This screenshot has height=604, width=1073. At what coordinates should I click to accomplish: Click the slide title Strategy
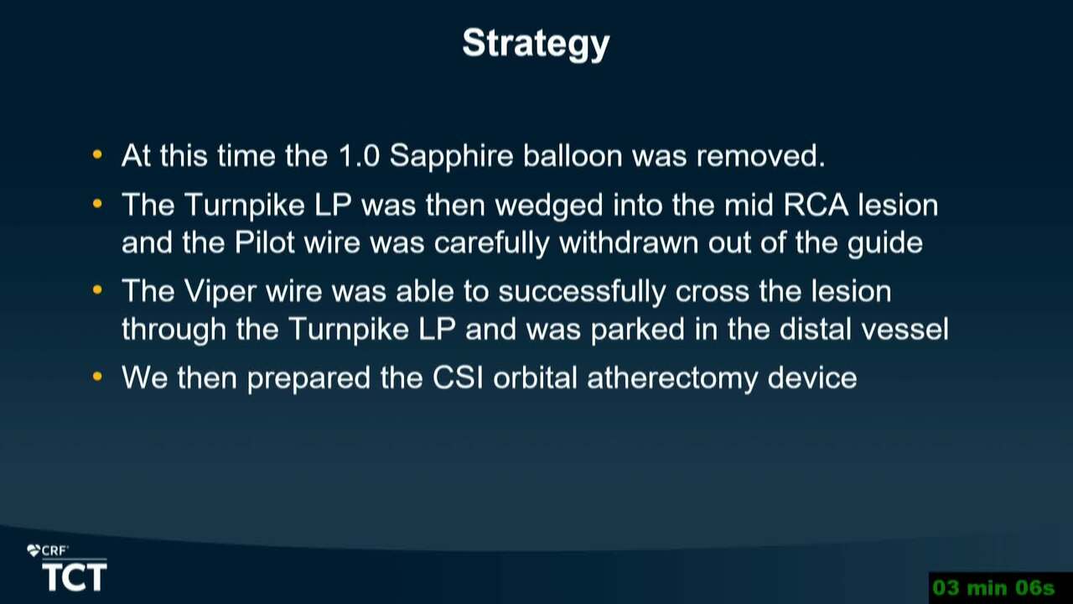(536, 44)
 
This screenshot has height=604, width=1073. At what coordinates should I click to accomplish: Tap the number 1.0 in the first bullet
(359, 156)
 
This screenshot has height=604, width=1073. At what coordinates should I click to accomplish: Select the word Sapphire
(451, 157)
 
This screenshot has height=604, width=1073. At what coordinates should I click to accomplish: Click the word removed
(760, 156)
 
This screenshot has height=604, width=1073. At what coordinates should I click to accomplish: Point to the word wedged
(549, 206)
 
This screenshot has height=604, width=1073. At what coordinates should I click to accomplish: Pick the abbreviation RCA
(816, 206)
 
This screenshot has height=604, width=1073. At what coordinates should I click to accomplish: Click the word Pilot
(264, 242)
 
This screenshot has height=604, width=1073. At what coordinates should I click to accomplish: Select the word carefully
(491, 243)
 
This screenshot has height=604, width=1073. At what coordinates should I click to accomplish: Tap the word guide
(885, 243)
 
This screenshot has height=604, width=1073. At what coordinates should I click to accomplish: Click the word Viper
(220, 291)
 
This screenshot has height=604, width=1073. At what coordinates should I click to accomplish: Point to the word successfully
(582, 292)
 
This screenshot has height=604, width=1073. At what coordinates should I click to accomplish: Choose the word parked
(638, 331)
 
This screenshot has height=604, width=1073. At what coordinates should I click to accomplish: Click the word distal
(816, 330)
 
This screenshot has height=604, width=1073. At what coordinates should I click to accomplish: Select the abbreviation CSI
(458, 377)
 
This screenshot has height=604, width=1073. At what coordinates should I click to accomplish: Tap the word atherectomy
(672, 378)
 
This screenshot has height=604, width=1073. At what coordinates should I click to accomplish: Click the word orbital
(535, 377)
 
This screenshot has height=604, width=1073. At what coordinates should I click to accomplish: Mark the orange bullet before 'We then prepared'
(97, 377)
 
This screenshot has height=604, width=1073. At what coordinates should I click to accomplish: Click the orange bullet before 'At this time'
(97, 155)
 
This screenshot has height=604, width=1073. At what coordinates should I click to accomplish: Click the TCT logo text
(75, 576)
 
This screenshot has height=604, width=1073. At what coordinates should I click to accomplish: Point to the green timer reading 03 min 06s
(994, 588)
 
